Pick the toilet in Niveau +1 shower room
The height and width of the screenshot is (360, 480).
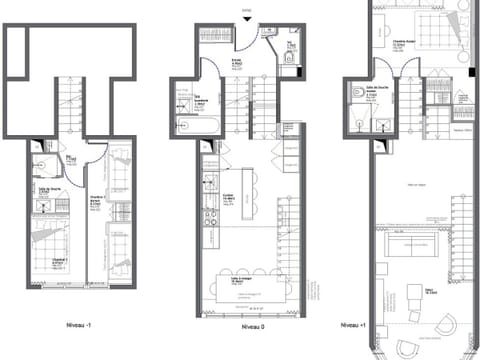357,96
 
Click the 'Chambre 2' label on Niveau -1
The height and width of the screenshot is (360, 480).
100,199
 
